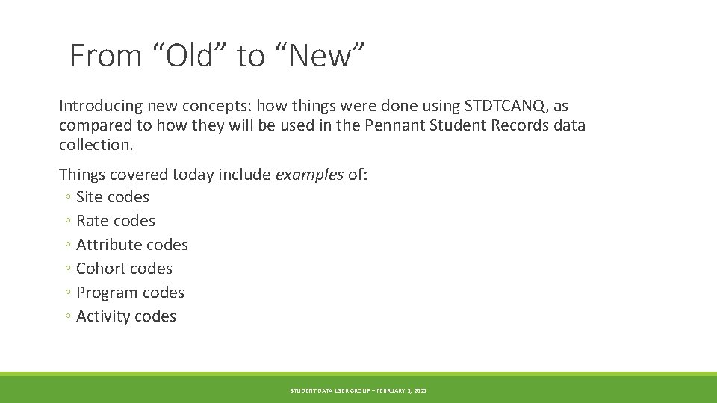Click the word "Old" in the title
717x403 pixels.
coord(190,56)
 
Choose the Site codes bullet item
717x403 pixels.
coord(112,197)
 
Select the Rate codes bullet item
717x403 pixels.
coord(115,221)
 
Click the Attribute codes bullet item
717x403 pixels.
coord(131,245)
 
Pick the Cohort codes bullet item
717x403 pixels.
coord(124,269)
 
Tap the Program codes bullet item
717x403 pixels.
coord(130,293)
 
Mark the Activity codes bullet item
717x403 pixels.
coord(125,316)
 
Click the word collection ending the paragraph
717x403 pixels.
coord(95,145)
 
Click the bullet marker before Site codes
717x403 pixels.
coord(68,198)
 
